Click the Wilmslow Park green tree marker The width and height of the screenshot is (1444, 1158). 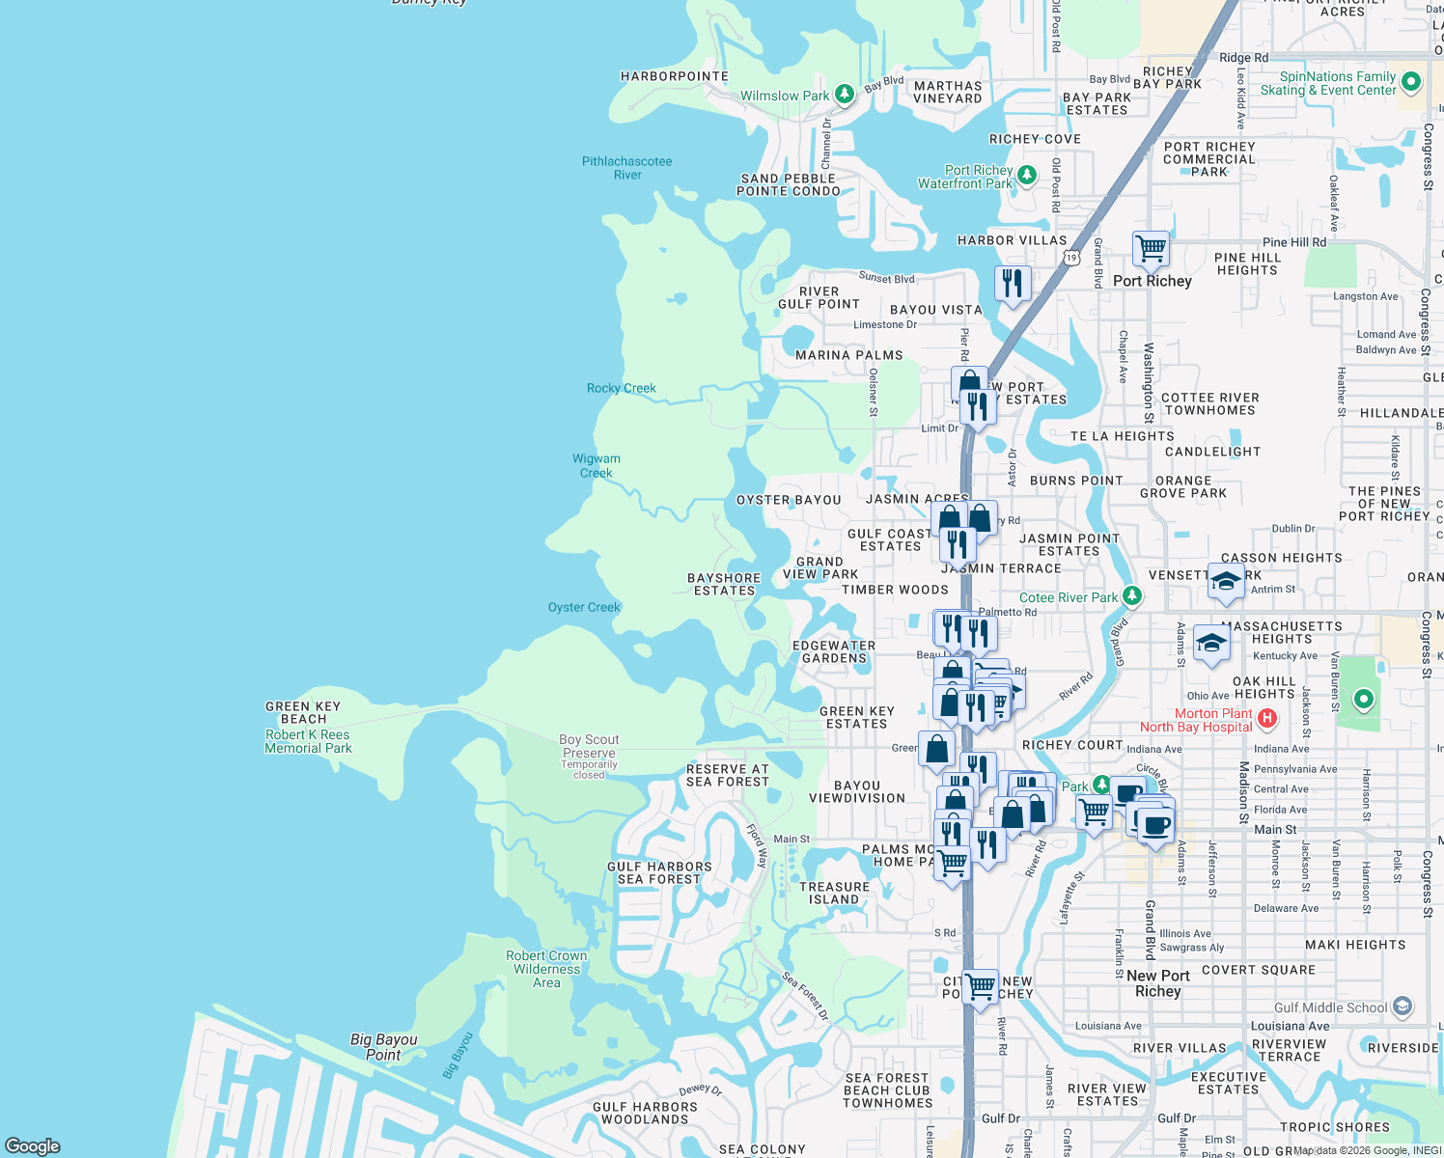click(845, 95)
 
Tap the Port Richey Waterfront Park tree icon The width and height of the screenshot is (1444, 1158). click(1027, 176)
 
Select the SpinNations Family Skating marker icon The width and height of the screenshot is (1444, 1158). click(1410, 82)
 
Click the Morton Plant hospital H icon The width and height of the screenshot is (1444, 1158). click(1268, 719)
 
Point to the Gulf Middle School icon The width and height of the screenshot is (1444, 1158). click(1402, 1007)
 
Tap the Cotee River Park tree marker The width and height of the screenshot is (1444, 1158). click(1132, 596)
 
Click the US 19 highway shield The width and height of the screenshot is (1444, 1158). click(1071, 258)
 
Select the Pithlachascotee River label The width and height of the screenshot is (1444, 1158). click(627, 168)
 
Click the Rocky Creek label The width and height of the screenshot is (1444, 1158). click(621, 388)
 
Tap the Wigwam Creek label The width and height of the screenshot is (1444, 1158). click(597, 465)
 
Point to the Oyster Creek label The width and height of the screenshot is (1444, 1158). click(584, 607)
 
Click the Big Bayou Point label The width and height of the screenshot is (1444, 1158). click(383, 1047)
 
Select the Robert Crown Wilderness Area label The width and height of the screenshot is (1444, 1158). click(546, 969)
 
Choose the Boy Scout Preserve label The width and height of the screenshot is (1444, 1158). click(589, 746)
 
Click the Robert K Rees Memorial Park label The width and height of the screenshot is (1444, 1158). click(308, 741)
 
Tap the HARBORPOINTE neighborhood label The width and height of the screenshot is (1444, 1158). click(674, 76)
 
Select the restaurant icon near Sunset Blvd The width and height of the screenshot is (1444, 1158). click(1013, 284)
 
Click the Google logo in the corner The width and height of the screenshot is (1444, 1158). click(33, 1145)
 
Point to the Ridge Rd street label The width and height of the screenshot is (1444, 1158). click(1243, 58)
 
